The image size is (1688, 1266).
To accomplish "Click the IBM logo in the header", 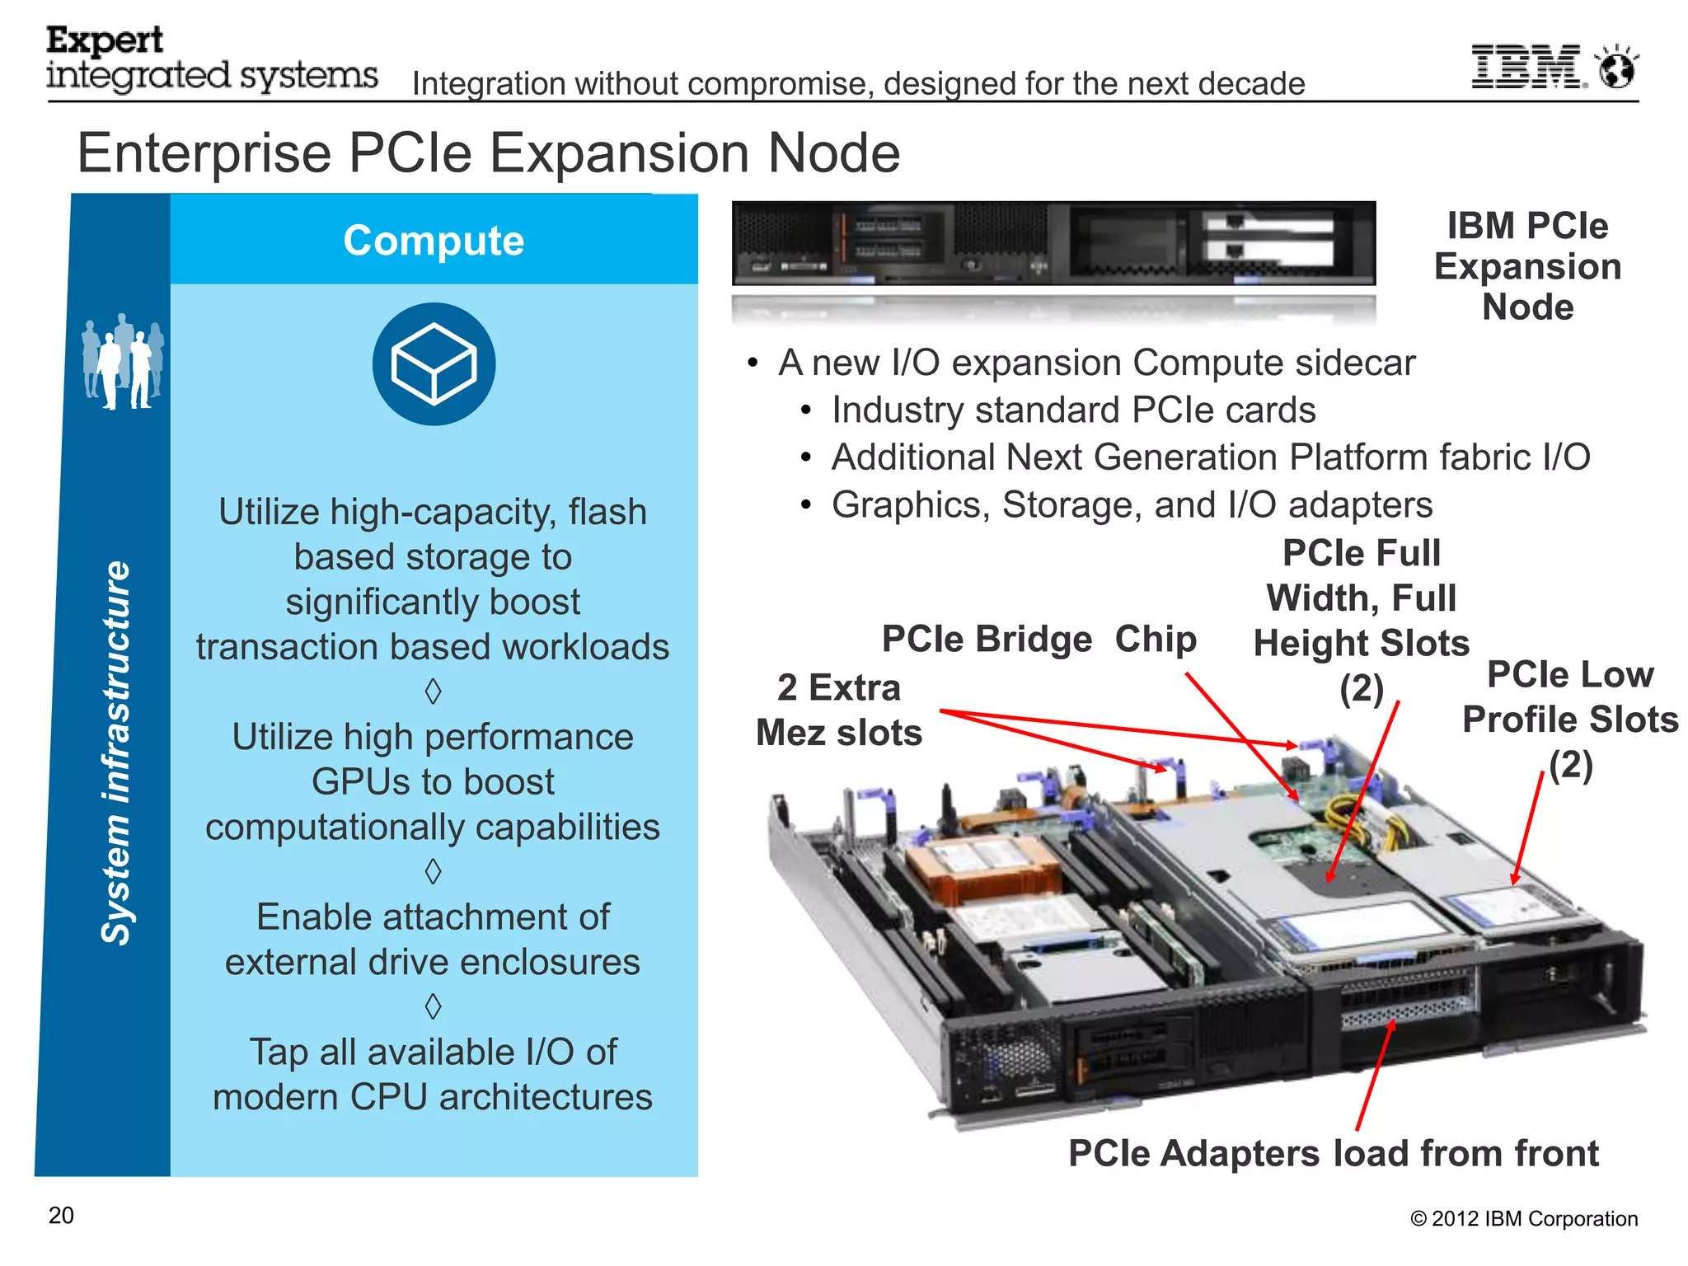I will tap(1526, 67).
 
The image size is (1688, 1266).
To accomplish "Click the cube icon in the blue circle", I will tap(434, 364).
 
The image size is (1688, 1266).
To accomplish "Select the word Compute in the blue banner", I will tap(434, 241).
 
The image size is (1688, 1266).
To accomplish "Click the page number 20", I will tap(61, 1216).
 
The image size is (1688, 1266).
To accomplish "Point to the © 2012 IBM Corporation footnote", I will tap(1523, 1219).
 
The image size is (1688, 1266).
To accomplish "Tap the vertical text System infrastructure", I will tap(116, 752).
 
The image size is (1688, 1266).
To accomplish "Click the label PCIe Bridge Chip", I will tap(1039, 640).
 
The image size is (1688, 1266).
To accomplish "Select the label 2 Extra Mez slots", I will tap(838, 710).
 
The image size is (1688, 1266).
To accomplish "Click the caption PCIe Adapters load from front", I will tap(1333, 1153).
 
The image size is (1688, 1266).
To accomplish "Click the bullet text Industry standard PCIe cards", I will tap(1073, 410).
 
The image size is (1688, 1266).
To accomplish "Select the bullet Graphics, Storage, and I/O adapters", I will tap(1132, 505).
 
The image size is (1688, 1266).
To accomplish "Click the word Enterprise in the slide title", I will tap(204, 153).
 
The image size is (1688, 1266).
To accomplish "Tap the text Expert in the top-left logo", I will tap(105, 40).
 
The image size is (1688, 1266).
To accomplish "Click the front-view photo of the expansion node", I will tap(1053, 244).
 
